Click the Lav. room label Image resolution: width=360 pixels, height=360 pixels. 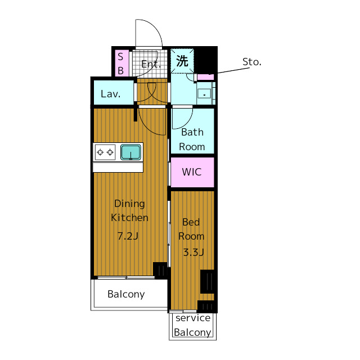click(110, 94)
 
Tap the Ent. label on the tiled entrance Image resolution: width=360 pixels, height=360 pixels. click(151, 64)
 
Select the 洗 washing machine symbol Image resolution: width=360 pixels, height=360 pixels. click(182, 61)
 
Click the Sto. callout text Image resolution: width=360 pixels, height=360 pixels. click(252, 62)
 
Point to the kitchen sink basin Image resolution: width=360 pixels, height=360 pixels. click(130, 152)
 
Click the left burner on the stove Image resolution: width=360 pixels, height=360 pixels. click(100, 152)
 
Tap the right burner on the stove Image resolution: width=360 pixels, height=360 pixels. click(110, 152)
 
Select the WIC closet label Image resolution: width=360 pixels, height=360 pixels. click(192, 172)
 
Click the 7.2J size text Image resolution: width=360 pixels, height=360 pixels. click(128, 236)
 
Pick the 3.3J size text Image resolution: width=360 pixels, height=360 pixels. click(193, 253)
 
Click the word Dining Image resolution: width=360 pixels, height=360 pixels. click(129, 204)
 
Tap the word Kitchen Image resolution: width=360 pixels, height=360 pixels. click(129, 218)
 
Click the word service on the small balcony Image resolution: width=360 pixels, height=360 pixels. click(193, 318)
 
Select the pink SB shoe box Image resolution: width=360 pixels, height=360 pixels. click(120, 63)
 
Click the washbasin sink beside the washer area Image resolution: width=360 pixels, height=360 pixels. click(204, 94)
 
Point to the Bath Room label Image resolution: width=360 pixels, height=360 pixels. click(192, 139)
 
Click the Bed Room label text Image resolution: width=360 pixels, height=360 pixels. click(191, 229)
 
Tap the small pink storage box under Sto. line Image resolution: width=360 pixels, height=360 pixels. click(205, 77)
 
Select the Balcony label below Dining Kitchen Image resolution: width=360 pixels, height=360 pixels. click(126, 294)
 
